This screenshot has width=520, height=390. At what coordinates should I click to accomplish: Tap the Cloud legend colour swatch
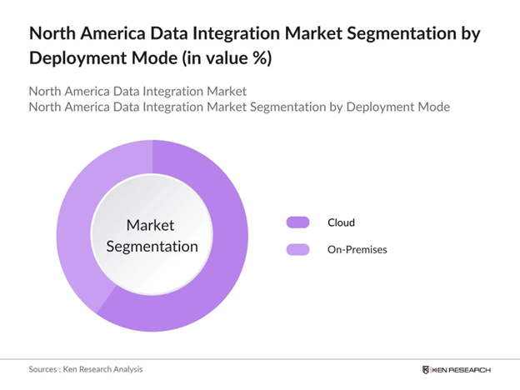click(297, 222)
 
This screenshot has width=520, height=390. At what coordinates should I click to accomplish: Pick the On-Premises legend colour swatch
click(297, 249)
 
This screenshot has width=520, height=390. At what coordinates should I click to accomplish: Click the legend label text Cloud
click(341, 222)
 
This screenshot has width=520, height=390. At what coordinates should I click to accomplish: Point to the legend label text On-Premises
click(357, 249)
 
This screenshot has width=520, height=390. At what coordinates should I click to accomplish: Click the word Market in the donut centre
click(152, 225)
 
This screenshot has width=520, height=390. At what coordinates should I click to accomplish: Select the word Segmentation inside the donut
click(152, 246)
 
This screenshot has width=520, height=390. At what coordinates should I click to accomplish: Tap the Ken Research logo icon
click(427, 369)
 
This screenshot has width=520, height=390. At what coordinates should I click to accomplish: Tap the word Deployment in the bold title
click(79, 59)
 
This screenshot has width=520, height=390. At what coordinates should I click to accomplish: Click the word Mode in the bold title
click(157, 59)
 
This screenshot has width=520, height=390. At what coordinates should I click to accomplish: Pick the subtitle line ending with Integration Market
click(137, 91)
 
